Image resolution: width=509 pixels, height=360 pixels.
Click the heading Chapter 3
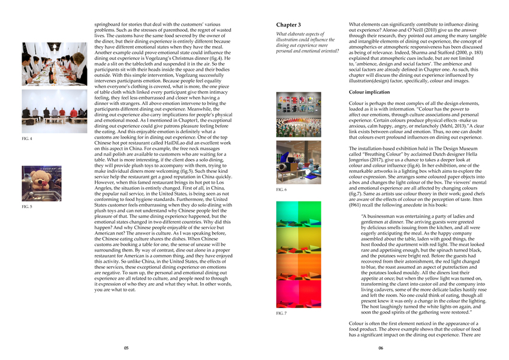coord(288,24)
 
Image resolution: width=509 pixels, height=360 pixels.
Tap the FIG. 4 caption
coord(27,139)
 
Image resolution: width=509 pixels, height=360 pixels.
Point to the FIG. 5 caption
coord(27,206)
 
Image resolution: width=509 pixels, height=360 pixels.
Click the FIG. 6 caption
coord(281,189)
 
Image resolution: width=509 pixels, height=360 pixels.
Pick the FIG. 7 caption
coord(281,313)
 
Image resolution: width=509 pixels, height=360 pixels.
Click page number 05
coord(127,347)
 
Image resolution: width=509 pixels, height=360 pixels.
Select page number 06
coord(381,347)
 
